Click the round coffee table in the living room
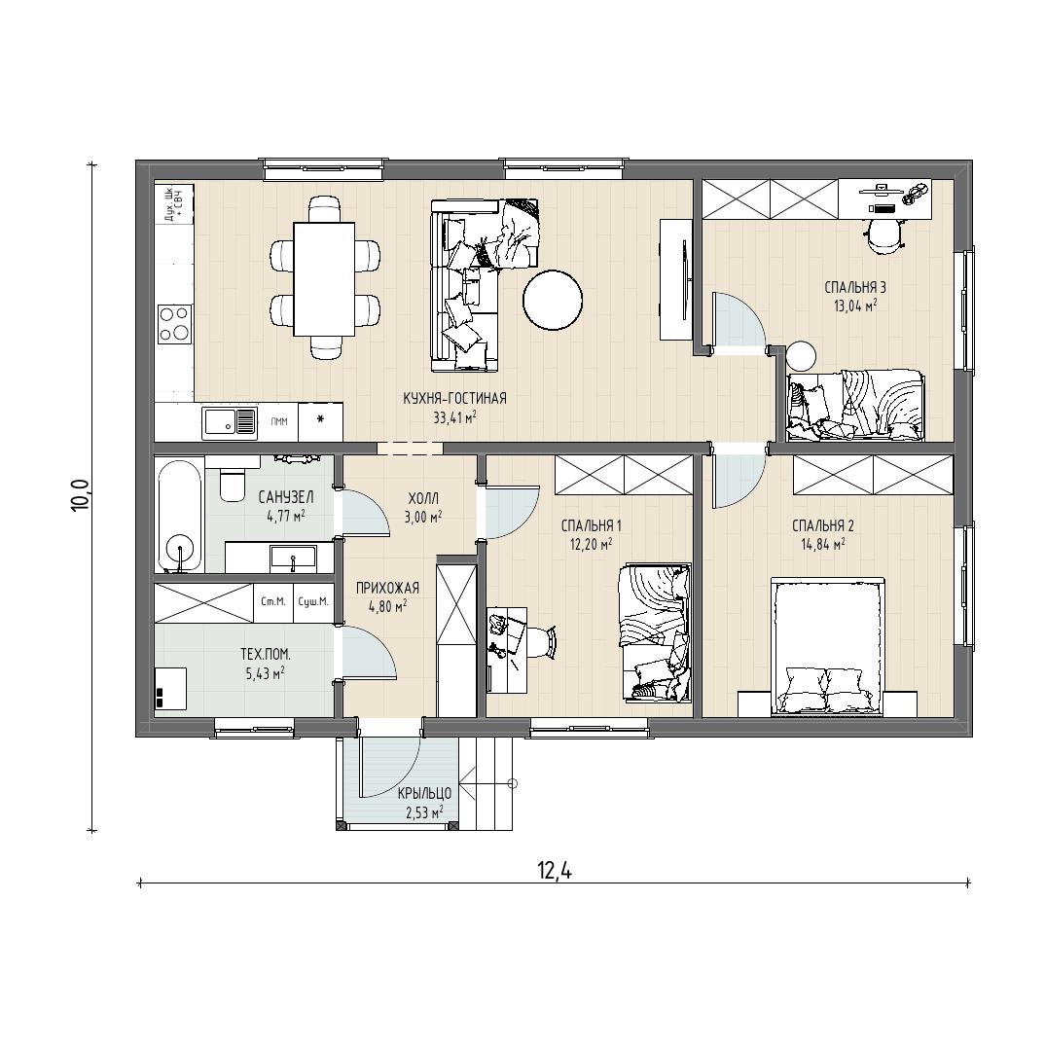[553, 300]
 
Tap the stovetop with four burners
[174, 323]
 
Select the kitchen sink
[230, 422]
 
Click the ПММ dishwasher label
[279, 421]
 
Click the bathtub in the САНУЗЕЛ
[179, 514]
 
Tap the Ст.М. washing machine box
[273, 602]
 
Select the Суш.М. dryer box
[313, 602]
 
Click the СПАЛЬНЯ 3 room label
[855, 288]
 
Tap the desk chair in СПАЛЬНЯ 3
[884, 235]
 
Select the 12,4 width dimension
[555, 871]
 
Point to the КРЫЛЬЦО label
[424, 794]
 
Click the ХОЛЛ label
[423, 498]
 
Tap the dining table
[324, 279]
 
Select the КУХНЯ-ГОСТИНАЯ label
[454, 399]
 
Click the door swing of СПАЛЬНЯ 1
[512, 512]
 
